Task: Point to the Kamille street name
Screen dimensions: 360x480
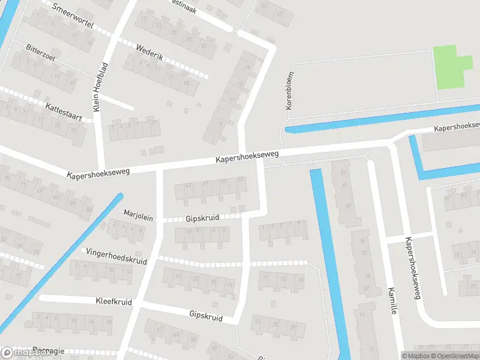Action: [391, 299]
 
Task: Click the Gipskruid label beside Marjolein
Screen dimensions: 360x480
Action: [202, 217]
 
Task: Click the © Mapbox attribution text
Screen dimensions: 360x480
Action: [415, 356]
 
